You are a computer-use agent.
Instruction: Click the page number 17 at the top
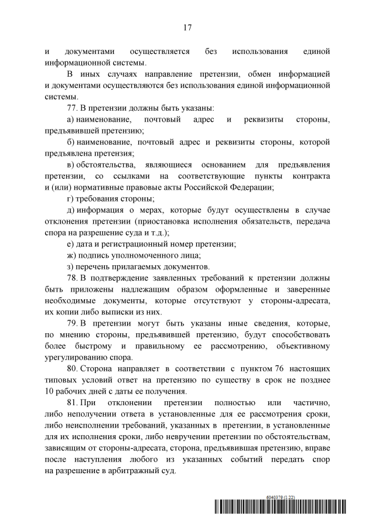(x=187, y=27)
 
